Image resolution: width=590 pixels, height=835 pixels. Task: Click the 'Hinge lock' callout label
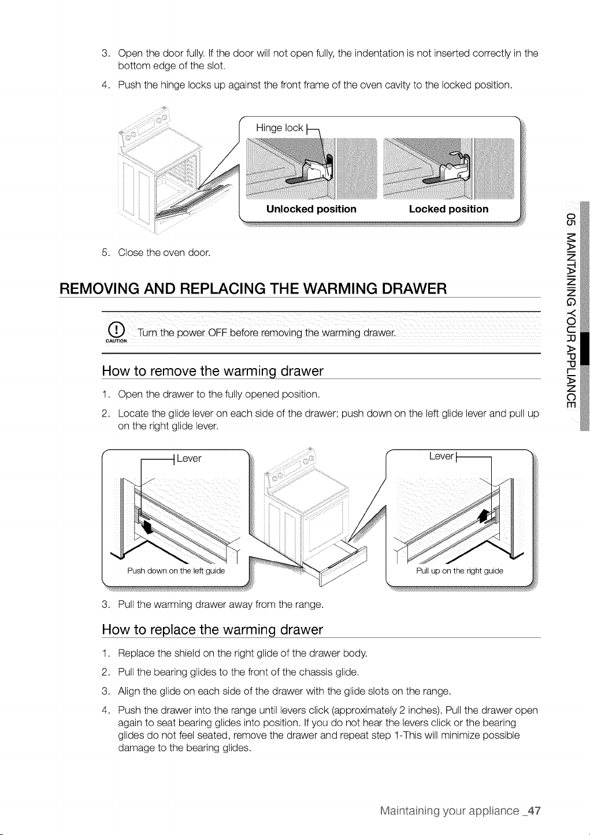click(x=279, y=128)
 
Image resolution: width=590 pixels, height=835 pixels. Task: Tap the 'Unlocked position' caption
click(x=311, y=209)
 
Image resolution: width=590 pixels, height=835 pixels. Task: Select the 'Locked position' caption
click(x=448, y=209)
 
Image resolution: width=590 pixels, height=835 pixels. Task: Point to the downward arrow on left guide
click(x=147, y=526)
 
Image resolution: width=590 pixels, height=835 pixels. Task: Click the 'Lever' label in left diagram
click(x=189, y=458)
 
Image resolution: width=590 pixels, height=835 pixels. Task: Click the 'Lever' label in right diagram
click(x=441, y=456)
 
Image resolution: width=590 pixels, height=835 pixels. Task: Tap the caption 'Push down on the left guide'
click(x=176, y=571)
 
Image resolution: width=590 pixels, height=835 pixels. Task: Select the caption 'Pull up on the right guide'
click(x=459, y=571)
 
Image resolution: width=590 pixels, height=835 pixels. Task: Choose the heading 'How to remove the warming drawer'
click(x=213, y=371)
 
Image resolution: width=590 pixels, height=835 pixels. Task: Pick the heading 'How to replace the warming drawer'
click(x=212, y=630)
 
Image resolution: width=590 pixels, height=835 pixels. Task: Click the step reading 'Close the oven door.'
click(x=164, y=253)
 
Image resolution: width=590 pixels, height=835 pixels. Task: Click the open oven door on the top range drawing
click(x=194, y=204)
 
